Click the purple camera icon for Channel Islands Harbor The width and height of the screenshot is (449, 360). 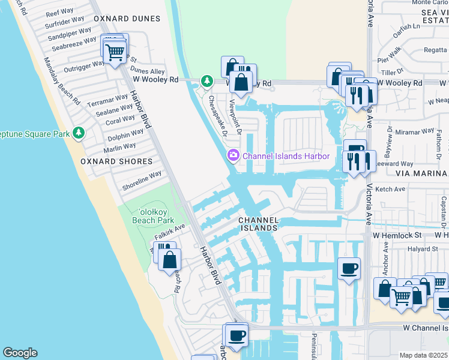[233, 156]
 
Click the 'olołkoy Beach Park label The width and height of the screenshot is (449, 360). [153, 216]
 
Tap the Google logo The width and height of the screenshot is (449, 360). [20, 353]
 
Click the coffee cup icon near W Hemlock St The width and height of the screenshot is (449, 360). [349, 268]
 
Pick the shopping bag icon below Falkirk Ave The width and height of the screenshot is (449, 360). [170, 260]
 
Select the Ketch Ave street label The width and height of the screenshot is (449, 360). [390, 189]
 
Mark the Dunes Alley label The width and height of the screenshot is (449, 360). [148, 71]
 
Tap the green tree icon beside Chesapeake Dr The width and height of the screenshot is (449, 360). [207, 80]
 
